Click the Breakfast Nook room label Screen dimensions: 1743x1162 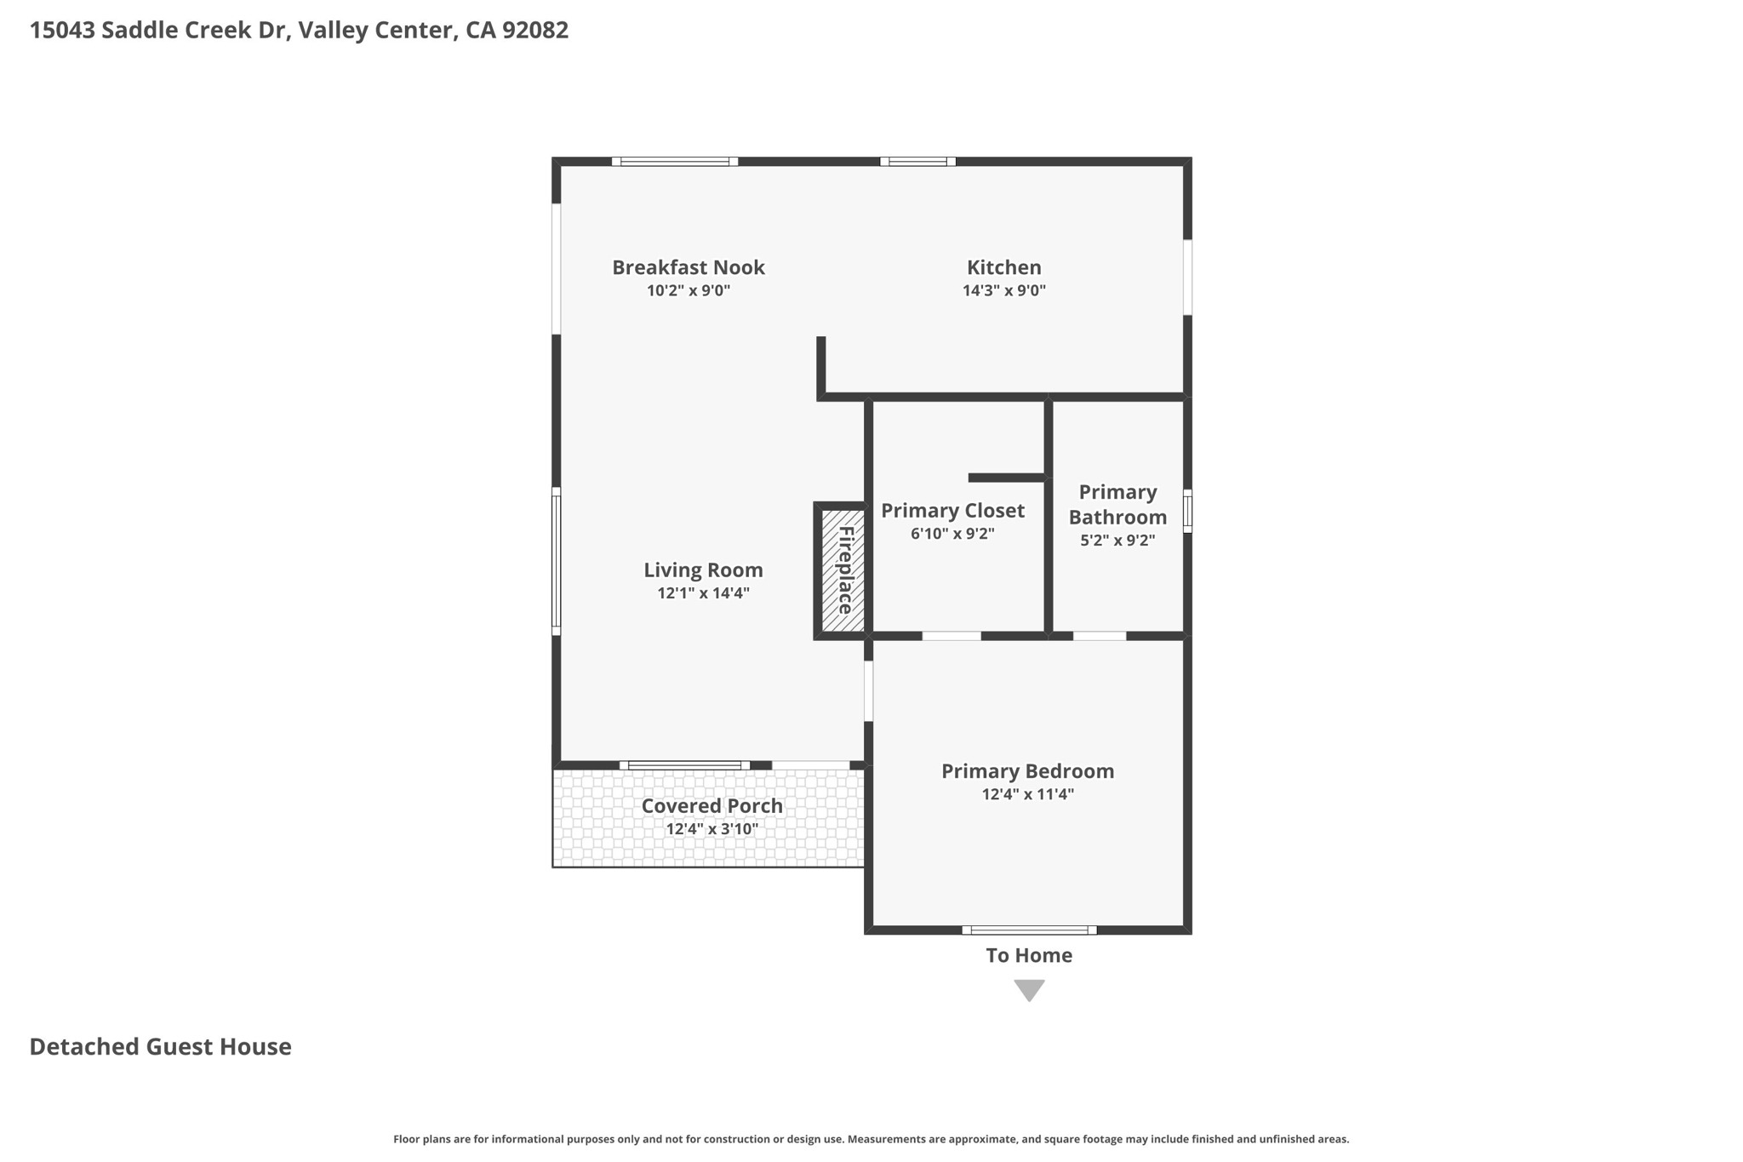click(x=689, y=267)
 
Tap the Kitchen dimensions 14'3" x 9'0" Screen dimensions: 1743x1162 click(x=1003, y=290)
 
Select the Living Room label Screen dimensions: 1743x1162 click(x=703, y=570)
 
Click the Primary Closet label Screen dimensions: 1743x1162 click(x=952, y=510)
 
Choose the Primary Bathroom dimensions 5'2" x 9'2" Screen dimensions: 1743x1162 click(x=1117, y=540)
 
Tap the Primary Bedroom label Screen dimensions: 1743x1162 click(x=1027, y=770)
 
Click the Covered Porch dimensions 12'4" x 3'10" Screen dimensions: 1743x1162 click(x=711, y=829)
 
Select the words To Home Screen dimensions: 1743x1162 click(x=1029, y=955)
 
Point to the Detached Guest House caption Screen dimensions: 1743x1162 click(x=160, y=1046)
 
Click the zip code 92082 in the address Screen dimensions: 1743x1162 click(x=534, y=30)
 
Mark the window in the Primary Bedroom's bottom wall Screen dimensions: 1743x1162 click(x=1029, y=930)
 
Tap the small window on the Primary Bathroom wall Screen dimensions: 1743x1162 click(x=1187, y=511)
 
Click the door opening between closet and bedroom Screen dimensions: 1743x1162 click(x=952, y=636)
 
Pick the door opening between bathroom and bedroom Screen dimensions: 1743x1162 click(x=1100, y=636)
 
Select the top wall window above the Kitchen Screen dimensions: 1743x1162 click(x=917, y=162)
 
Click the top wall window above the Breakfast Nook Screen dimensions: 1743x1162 click(x=674, y=162)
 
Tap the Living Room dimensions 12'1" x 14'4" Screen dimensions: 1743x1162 click(x=703, y=593)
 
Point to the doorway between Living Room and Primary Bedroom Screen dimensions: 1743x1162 click(x=868, y=691)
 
